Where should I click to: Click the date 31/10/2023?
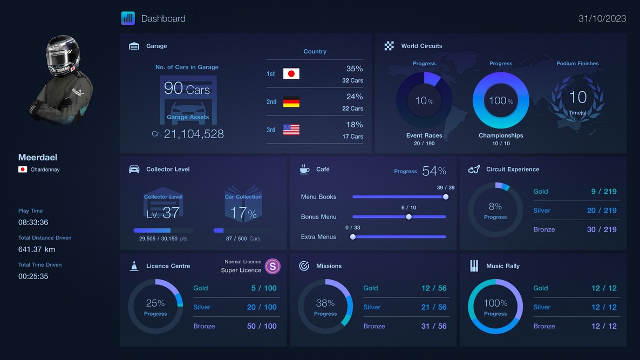pos(602,18)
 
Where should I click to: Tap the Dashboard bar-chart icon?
pos(128,18)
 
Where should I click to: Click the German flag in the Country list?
pos(291,102)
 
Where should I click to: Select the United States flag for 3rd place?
pos(291,130)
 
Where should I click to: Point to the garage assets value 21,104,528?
pos(193,134)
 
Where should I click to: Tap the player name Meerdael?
pos(38,158)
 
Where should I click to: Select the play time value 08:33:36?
pos(33,222)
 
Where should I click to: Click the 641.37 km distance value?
pos(37,249)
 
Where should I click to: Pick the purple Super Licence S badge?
pos(273,266)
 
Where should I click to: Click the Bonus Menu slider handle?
pos(408,217)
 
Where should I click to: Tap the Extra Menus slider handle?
pos(353,236)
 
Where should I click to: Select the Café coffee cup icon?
pos(304,169)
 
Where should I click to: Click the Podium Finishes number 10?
pos(577,97)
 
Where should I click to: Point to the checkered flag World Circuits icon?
pos(389,46)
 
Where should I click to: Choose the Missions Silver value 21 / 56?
pos(434,307)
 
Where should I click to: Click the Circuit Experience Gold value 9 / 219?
pos(603,192)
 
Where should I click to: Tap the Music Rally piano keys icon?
pos(474,266)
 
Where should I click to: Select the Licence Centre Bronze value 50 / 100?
pos(262,326)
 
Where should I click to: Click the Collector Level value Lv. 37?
pos(162,213)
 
